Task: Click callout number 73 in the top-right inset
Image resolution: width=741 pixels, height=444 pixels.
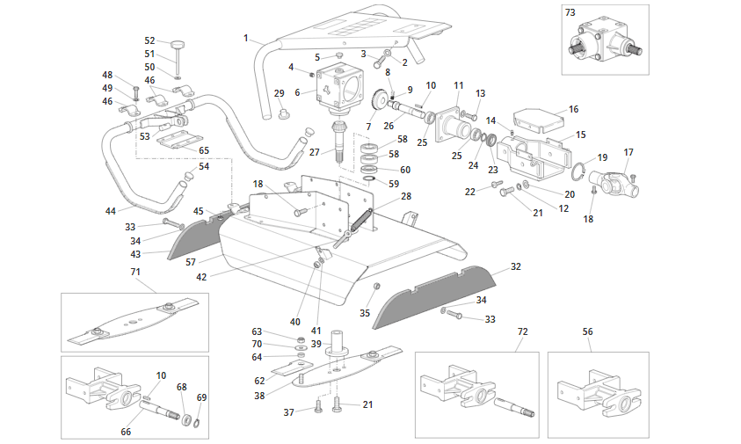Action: pos(570,13)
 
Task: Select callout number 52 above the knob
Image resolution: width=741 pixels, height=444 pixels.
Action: pos(149,40)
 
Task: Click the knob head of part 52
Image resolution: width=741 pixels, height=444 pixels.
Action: pos(178,44)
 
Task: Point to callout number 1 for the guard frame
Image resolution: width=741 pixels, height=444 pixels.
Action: pos(247,38)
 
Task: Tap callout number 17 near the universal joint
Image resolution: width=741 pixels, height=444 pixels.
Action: pos(628,152)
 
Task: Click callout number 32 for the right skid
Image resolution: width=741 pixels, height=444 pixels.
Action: pos(516,266)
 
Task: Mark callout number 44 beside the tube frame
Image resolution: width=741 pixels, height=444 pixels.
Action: pos(111,211)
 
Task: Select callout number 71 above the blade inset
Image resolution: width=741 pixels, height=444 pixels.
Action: pos(135,273)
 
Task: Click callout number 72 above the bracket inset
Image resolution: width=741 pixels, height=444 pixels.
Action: pos(522,331)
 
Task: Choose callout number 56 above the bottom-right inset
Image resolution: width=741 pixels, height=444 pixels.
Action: pos(588,331)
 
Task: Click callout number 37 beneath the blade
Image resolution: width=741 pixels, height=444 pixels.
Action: pos(288,412)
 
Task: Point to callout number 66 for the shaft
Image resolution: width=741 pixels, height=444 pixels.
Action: pos(126,432)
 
